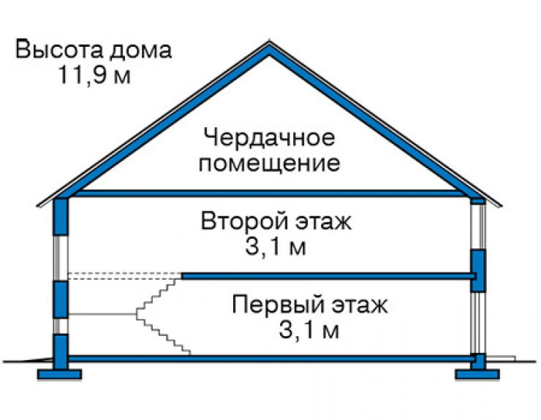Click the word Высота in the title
[58, 50]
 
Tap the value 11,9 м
[94, 75]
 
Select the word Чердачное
[269, 138]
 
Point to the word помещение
[269, 164]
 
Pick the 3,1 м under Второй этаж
[276, 247]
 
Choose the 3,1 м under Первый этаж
[309, 330]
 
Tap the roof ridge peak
[270, 43]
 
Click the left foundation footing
[59, 375]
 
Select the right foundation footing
[477, 375]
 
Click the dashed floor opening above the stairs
[125, 276]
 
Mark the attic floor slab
[269, 194]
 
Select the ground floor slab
[270, 359]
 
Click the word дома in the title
[140, 50]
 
